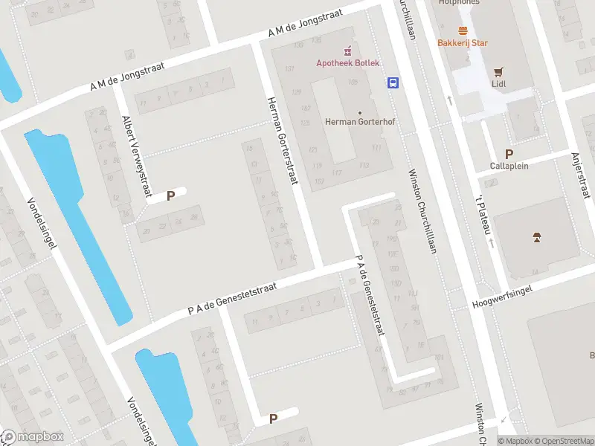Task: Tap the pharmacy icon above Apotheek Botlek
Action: point(347,51)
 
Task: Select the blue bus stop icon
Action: point(392,83)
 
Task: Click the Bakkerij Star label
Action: point(463,42)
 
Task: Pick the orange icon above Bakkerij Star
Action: point(463,30)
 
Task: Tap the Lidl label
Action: point(499,84)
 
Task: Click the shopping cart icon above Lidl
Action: point(499,72)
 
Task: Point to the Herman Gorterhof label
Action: point(353,121)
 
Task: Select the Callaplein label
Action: point(509,166)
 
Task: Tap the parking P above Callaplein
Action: point(509,155)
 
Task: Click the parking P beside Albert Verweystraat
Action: point(170,196)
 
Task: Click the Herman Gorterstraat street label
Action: point(282,141)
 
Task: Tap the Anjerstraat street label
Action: point(579,167)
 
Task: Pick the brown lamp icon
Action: point(536,238)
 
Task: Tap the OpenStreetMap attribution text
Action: point(562,441)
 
